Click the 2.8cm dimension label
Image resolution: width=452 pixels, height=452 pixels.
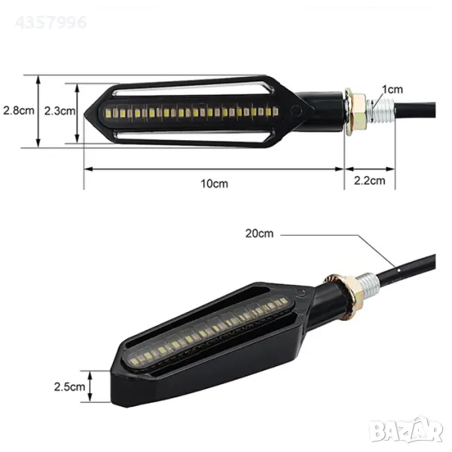19,111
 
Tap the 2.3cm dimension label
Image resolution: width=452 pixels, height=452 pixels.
60,111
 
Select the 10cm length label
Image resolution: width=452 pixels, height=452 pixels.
214,184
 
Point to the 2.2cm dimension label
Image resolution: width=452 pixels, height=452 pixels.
370,181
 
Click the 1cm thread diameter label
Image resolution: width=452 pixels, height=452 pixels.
392,90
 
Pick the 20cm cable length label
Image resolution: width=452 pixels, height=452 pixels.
259,234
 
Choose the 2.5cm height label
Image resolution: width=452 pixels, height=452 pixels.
69,386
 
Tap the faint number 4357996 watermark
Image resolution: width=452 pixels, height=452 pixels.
50,23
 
